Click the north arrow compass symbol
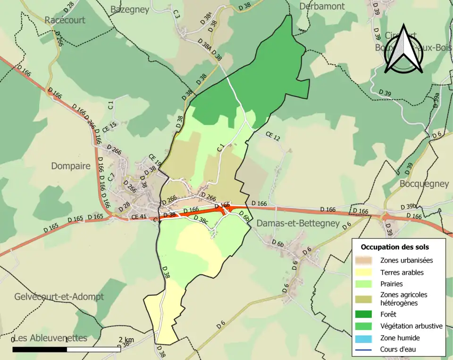pyautogui.click(x=403, y=50)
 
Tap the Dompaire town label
pyautogui.click(x=70, y=166)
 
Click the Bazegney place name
pyautogui.click(x=130, y=9)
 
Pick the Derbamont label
pyautogui.click(x=322, y=6)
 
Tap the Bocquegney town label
pyautogui.click(x=424, y=184)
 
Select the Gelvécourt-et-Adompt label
pyautogui.click(x=59, y=297)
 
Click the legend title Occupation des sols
pyautogui.click(x=394, y=247)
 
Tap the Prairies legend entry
pyautogui.click(x=391, y=284)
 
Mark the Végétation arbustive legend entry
pyautogui.click(x=411, y=326)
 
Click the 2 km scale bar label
pyautogui.click(x=126, y=340)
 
